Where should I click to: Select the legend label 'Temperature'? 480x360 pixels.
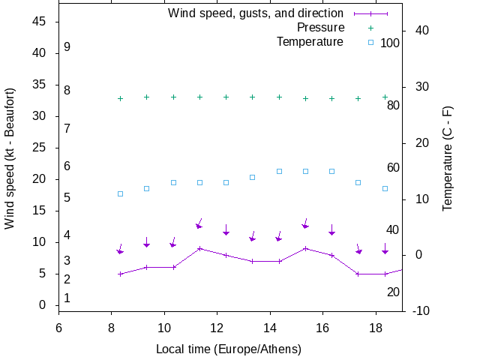point(310,41)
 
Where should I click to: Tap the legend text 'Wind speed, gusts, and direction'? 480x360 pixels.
point(256,13)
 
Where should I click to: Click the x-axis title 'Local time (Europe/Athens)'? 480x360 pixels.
point(229,349)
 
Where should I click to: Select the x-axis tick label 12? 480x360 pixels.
point(217,327)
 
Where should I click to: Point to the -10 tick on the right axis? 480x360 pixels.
point(421,310)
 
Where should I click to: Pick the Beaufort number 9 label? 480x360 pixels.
point(67,47)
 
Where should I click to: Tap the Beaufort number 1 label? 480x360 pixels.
point(67,298)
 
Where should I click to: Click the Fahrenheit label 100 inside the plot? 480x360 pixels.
point(390,43)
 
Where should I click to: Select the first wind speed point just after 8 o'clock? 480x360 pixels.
point(120,274)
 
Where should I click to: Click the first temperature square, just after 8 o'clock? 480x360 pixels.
point(120,193)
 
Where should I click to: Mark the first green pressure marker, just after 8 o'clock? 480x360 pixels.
point(120,99)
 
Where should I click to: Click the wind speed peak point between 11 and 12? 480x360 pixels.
point(199,248)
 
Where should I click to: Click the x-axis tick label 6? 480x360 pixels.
point(58,327)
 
